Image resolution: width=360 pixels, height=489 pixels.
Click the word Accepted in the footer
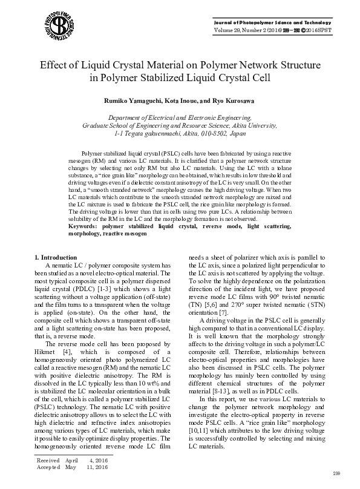[x=48, y=467]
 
